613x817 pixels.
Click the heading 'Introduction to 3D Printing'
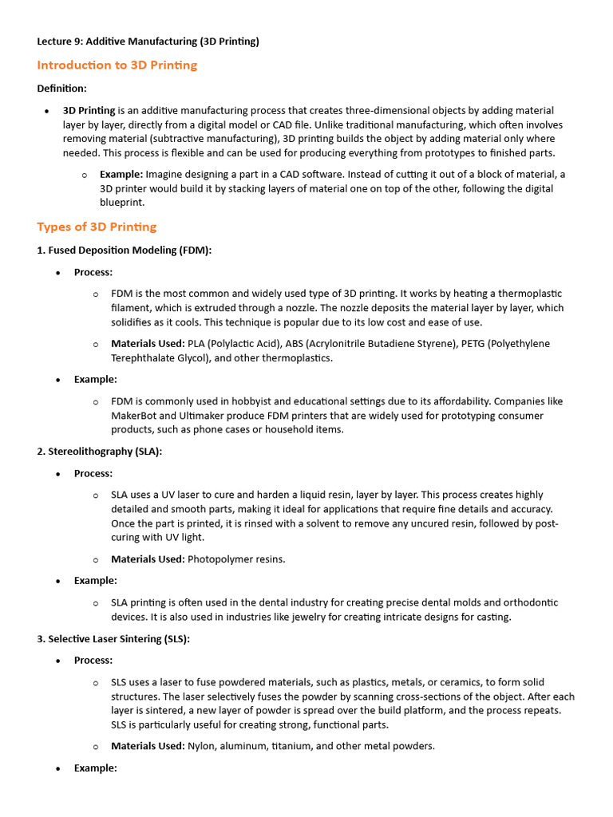pyautogui.click(x=117, y=65)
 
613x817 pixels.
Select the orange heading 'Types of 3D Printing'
pyautogui.click(x=97, y=227)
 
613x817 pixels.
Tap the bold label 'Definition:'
pyautogui.click(x=62, y=89)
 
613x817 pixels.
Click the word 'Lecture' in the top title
pyautogui.click(x=54, y=41)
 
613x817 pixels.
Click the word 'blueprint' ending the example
pyautogui.click(x=121, y=203)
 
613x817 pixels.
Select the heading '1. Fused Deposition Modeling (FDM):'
pyautogui.click(x=124, y=251)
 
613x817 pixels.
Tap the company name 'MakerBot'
pyautogui.click(x=135, y=416)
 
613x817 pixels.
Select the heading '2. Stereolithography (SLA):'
pyautogui.click(x=99, y=452)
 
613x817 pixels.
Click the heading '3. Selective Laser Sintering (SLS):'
pyautogui.click(x=113, y=639)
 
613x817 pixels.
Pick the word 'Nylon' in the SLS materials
pyautogui.click(x=202, y=746)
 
